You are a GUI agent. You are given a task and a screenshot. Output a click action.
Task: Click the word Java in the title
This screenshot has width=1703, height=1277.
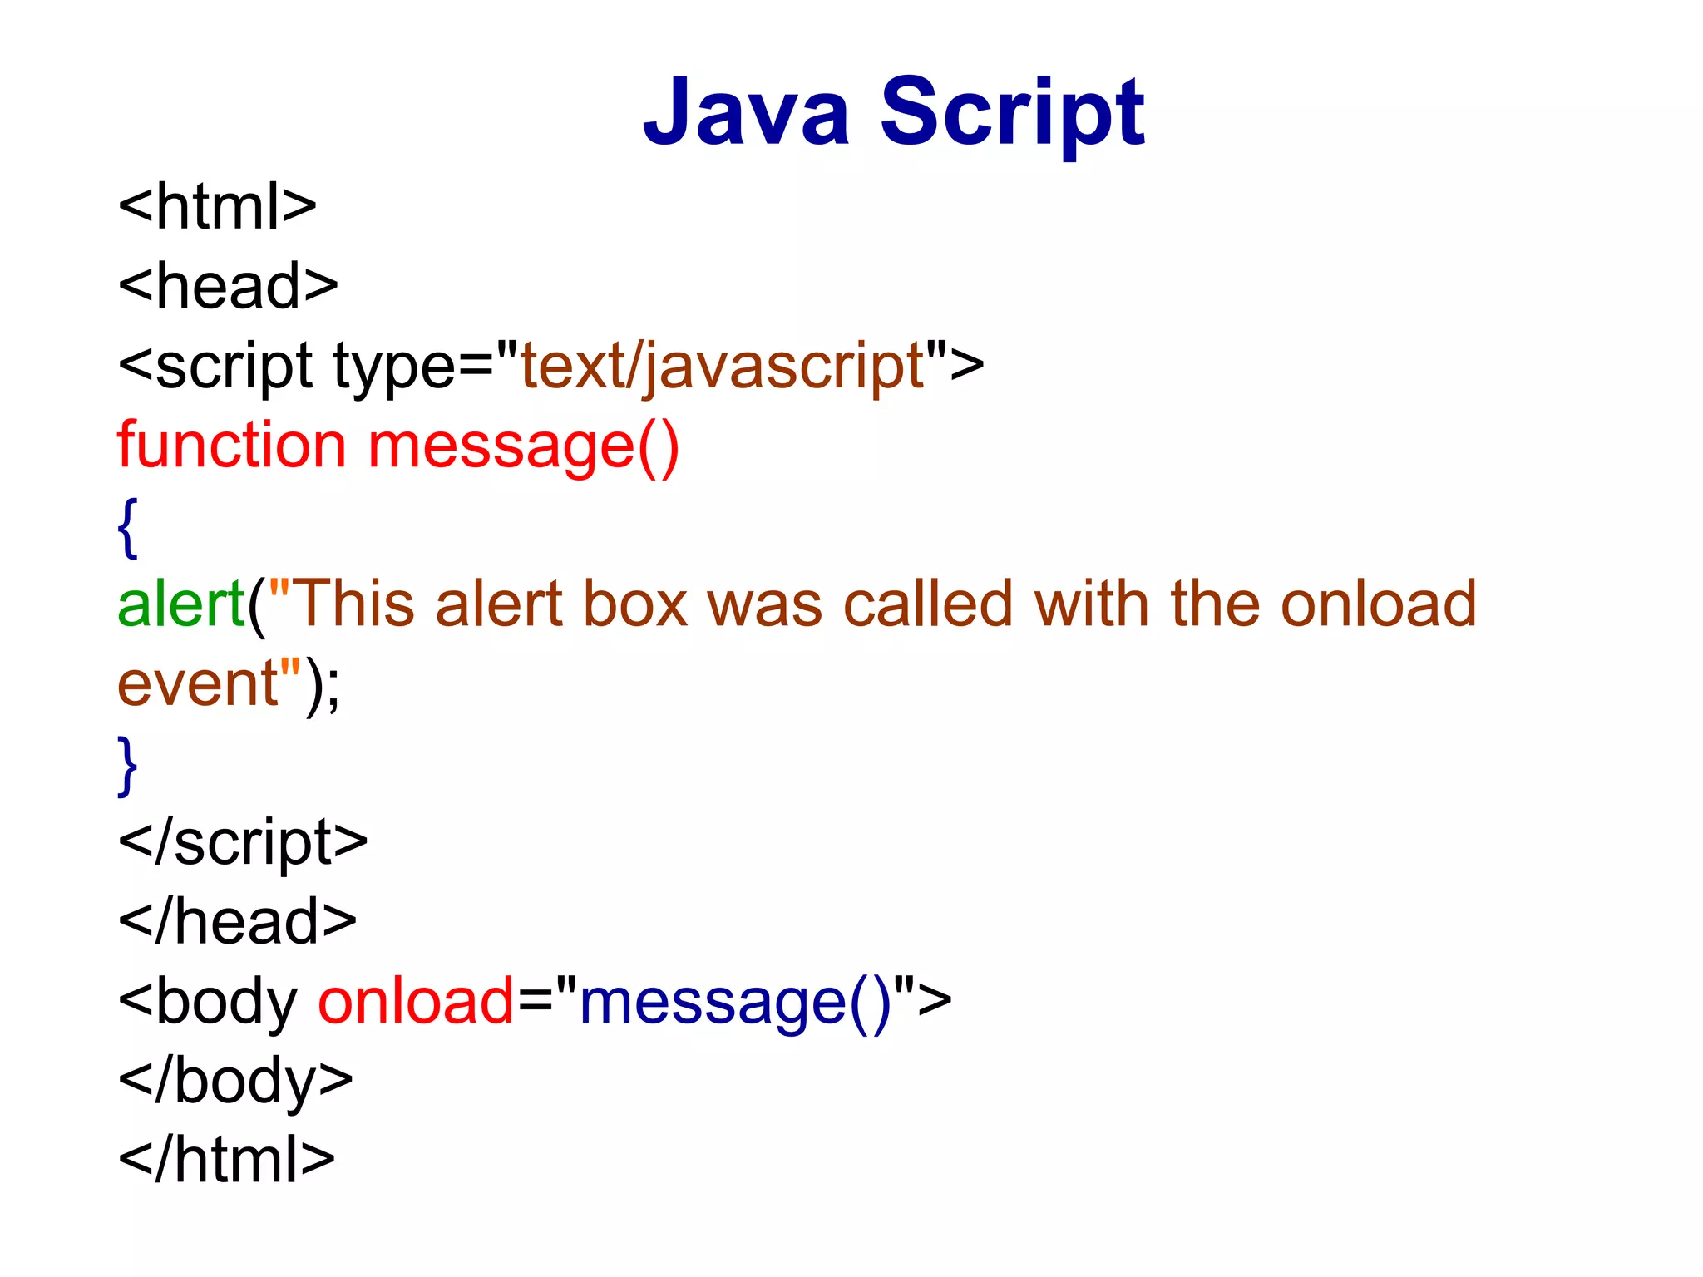(746, 112)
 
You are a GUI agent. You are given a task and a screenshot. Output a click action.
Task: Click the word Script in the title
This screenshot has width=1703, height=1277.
(1012, 112)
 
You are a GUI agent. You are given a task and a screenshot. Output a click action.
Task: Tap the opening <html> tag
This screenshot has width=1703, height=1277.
(217, 207)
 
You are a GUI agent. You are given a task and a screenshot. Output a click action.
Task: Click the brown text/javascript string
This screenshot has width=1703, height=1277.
(723, 367)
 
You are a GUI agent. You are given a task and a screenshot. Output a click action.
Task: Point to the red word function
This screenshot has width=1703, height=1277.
(231, 446)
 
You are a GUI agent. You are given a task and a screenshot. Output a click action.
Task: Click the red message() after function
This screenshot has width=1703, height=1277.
(523, 446)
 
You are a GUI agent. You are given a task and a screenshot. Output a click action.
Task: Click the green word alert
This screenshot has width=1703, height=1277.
(180, 604)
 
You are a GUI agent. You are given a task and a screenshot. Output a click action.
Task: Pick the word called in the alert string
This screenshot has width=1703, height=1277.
(928, 604)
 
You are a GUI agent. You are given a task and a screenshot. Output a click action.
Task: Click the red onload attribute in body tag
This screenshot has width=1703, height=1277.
(416, 1002)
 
